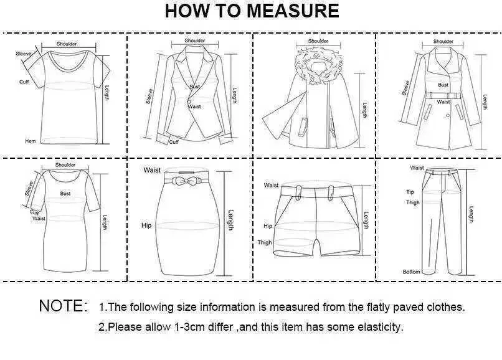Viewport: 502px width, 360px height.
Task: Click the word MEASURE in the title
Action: [x=293, y=11]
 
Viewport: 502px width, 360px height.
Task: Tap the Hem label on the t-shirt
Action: [x=31, y=141]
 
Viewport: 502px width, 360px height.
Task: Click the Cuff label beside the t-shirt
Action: [x=24, y=82]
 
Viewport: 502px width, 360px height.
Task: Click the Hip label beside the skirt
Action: [x=146, y=225]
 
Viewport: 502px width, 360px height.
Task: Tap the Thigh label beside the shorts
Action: [x=265, y=242]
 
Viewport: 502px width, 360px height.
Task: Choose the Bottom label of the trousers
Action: [x=412, y=272]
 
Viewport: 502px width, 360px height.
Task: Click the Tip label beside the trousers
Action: [x=410, y=192]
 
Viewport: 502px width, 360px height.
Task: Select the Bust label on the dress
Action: [x=65, y=194]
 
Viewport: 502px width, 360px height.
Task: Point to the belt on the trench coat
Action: [x=445, y=96]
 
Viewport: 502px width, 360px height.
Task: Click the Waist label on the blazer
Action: [x=194, y=107]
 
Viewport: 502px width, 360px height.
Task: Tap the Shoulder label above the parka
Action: [x=318, y=41]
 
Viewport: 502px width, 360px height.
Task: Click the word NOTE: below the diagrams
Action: [x=63, y=306]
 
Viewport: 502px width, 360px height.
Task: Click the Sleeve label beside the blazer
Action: [x=149, y=96]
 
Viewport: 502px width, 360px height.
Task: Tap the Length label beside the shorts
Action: [x=366, y=220]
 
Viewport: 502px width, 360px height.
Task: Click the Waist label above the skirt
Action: [x=152, y=170]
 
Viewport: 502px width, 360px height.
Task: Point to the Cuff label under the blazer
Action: [x=174, y=142]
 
